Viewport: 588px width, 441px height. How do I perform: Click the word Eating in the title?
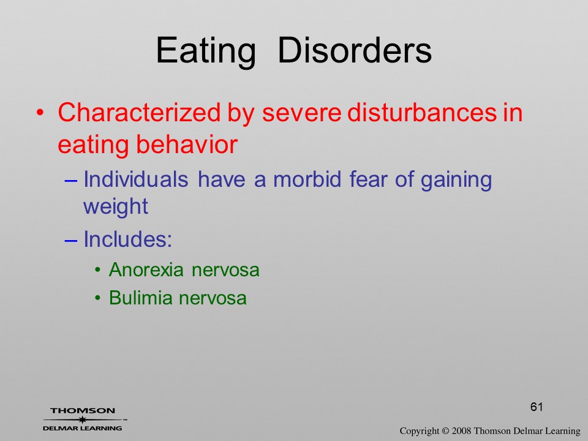click(206, 51)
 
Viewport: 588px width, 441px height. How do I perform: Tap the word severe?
click(301, 113)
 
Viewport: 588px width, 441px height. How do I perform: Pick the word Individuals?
click(135, 179)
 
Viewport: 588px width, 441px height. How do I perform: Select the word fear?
click(368, 179)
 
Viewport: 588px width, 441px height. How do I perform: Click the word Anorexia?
click(146, 269)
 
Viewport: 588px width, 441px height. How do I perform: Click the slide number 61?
click(537, 407)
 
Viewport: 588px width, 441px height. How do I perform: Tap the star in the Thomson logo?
click(82, 420)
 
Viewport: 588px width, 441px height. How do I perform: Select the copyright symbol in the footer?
click(445, 431)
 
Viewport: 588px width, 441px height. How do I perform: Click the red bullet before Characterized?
click(40, 113)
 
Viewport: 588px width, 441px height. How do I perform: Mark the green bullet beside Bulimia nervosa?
click(98, 298)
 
